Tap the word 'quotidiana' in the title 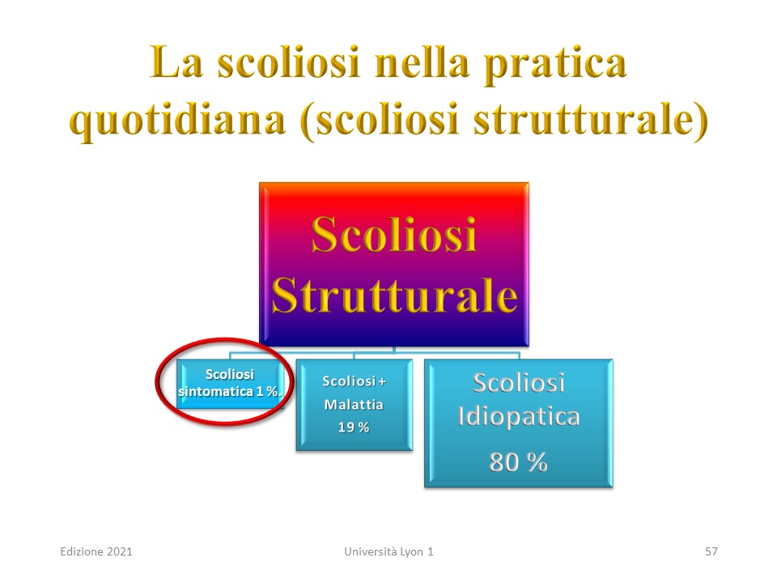click(178, 121)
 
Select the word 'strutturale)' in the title click(591, 121)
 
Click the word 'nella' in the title click(422, 62)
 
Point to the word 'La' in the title click(176, 62)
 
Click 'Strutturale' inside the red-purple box click(394, 296)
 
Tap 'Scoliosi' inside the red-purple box click(394, 235)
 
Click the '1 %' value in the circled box click(268, 392)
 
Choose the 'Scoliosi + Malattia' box click(355, 405)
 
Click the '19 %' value click(354, 428)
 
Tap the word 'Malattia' click(354, 405)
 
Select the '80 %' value click(518, 462)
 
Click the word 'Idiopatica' click(519, 417)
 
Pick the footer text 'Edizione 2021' click(96, 551)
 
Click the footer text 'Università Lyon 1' click(389, 551)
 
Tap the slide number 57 click(711, 551)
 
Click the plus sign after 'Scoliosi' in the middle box click(382, 381)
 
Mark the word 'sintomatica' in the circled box click(216, 392)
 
